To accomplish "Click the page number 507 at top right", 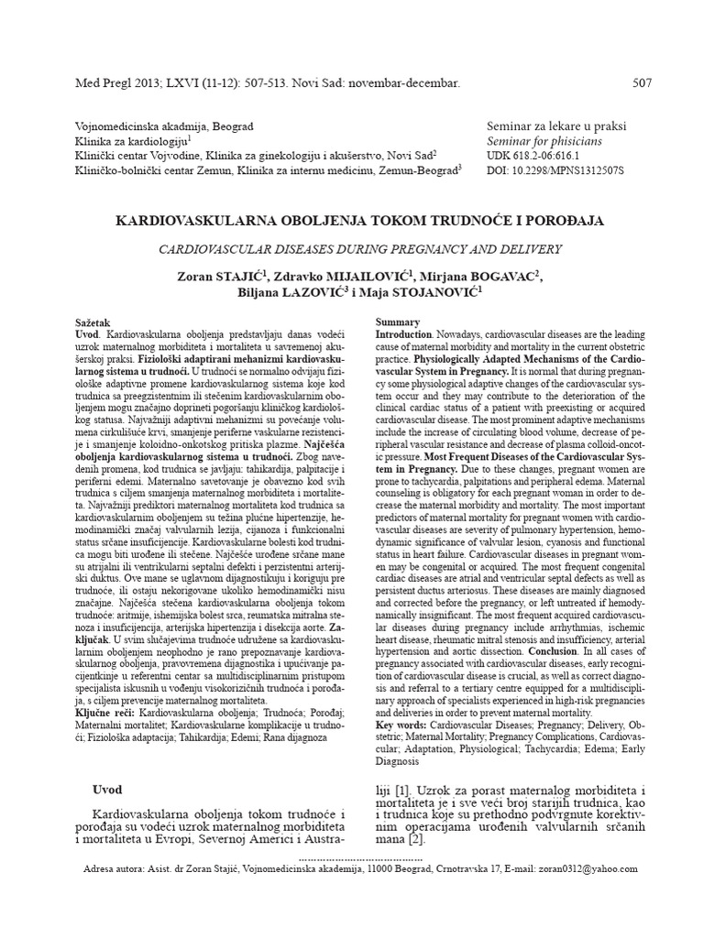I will tap(642, 83).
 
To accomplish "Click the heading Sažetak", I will tap(92, 324).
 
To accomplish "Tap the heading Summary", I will tap(399, 323).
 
